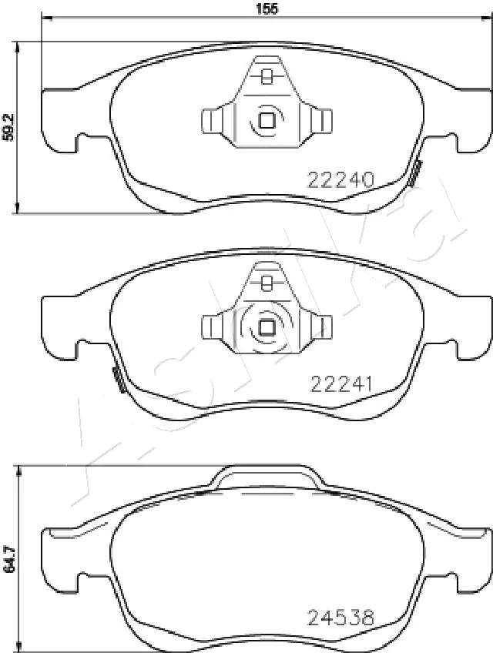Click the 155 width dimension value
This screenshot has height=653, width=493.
coord(266,8)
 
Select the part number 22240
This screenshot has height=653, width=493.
coord(340,180)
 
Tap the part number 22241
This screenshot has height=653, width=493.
coord(341,383)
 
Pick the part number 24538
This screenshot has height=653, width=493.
coord(340,617)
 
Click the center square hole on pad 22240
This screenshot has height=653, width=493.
coord(267,121)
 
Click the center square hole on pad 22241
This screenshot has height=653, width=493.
coord(267,327)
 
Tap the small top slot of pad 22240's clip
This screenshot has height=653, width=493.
coord(267,76)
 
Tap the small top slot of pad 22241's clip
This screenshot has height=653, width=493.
coord(267,283)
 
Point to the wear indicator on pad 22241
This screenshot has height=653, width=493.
coord(119,380)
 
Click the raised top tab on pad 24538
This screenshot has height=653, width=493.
coord(267,476)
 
